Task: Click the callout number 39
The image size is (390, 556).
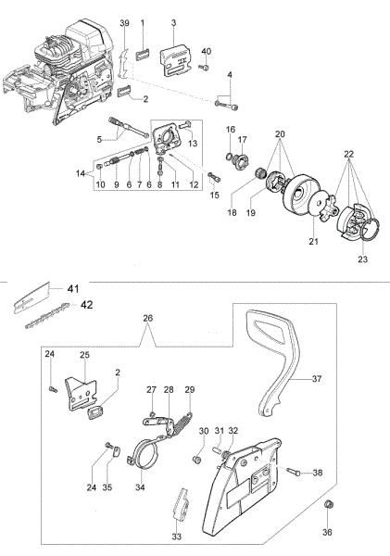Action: click(125, 20)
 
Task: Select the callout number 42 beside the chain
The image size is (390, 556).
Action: click(86, 303)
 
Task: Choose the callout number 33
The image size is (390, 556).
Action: click(176, 537)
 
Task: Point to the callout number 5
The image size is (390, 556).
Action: click(96, 140)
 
